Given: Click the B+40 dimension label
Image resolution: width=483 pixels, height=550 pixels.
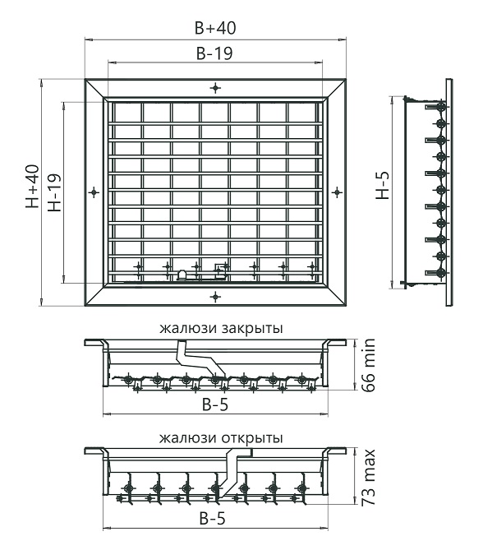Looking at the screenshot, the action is pos(215,28).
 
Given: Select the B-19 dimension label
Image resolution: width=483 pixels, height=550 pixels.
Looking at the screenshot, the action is pos(214,53).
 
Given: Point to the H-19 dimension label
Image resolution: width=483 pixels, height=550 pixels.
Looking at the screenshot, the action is pos(55,192).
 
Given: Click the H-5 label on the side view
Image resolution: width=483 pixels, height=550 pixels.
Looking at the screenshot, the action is pos(383,186).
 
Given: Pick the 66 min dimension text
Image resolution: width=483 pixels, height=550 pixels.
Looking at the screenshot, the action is pos(368,365).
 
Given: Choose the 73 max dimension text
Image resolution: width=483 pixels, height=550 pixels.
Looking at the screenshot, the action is pos(368,478).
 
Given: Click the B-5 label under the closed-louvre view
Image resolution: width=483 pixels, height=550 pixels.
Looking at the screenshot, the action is pos(215,404).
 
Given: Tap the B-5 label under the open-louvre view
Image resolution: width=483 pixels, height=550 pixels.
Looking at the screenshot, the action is pos(212,518).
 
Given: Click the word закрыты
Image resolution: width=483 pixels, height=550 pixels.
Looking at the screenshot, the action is pos(252,329).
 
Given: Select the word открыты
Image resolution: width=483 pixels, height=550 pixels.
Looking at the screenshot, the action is pos(252,438).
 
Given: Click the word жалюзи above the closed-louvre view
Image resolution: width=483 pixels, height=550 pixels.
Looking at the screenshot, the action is pos(188,329).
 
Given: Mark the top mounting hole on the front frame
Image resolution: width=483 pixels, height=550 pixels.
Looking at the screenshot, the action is pos(215,88).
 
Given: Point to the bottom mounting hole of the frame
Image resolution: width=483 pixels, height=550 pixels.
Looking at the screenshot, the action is pos(215,297).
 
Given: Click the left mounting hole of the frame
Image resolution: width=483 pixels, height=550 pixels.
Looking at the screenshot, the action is pos(94,192).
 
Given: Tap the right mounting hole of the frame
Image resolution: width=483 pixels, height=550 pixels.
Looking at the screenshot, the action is pos(337,192).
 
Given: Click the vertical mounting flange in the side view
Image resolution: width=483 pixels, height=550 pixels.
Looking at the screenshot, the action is pos(448,192).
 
